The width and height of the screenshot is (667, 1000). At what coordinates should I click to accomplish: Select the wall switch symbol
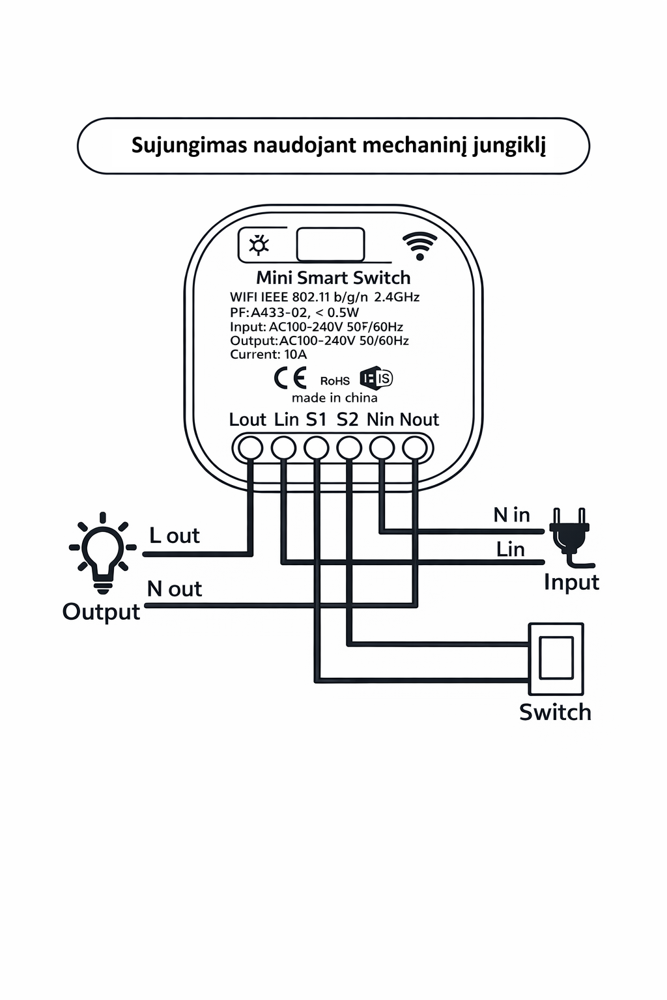[x=556, y=658]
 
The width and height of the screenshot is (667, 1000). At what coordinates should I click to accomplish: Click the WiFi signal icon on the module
[x=419, y=245]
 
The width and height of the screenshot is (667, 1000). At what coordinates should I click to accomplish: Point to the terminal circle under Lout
[x=250, y=448]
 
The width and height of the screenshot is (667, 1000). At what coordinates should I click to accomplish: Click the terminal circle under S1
[x=317, y=448]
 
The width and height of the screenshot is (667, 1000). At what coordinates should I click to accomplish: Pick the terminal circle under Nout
[x=415, y=448]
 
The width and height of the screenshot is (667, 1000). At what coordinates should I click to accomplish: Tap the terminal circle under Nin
[x=382, y=448]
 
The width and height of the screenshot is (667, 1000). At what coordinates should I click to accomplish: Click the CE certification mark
[x=290, y=378]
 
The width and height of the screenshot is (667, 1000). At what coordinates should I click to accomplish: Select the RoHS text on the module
[x=335, y=381]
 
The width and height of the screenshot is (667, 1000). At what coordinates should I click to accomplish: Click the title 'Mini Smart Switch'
[x=333, y=278]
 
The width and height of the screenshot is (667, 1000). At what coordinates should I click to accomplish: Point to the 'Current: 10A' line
[x=268, y=355]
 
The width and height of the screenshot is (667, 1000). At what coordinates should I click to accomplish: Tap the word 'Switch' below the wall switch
[x=555, y=712]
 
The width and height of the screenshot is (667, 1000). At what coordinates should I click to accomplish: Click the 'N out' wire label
[x=174, y=589]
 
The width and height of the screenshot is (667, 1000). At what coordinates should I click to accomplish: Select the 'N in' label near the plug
[x=511, y=515]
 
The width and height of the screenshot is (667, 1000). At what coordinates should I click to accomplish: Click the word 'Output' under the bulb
[x=101, y=612]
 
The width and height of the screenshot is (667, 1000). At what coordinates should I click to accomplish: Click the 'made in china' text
[x=334, y=398]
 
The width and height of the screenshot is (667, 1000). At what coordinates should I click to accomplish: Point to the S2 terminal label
[x=347, y=420]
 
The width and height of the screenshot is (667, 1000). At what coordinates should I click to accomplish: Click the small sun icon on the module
[x=259, y=245]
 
